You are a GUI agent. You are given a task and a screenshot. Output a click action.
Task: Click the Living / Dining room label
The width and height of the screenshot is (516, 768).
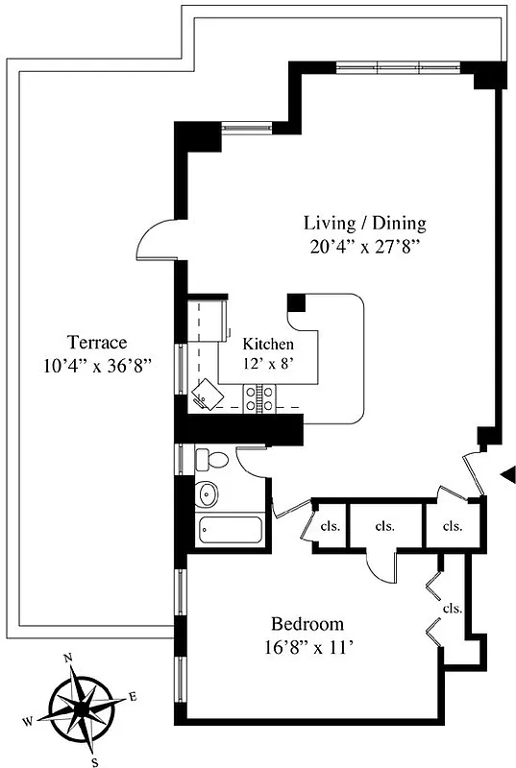pos(364,223)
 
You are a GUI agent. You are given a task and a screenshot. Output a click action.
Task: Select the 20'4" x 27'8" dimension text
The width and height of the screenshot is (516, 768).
pos(364,246)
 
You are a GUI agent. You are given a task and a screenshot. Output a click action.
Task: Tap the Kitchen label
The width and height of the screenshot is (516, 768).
pos(267,344)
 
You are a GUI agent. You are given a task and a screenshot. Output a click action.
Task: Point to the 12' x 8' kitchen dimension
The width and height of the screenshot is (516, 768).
pos(268,363)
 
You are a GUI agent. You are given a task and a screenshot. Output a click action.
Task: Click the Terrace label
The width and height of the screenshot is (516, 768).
pos(97,342)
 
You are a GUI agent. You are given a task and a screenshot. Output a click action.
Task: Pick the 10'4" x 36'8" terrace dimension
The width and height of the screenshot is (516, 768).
pos(97,365)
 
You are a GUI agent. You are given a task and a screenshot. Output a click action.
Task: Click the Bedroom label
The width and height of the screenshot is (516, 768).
pos(307,623)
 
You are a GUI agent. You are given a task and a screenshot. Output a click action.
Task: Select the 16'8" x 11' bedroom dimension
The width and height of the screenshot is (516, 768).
pos(307,646)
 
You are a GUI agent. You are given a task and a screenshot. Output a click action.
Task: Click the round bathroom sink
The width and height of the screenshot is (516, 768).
pos(207,494)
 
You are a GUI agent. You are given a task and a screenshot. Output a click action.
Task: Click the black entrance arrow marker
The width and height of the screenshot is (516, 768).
pos(509,472)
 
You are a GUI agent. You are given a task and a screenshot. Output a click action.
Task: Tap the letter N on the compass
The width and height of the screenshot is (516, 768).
pos(68,659)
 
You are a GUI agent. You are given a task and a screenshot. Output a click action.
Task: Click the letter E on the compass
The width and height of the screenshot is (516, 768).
pos(133,696)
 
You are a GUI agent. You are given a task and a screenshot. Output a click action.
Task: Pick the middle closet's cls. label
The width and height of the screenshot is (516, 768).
pos(385,526)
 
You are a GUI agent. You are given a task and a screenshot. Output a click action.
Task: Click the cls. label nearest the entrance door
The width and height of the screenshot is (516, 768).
pos(452,526)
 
